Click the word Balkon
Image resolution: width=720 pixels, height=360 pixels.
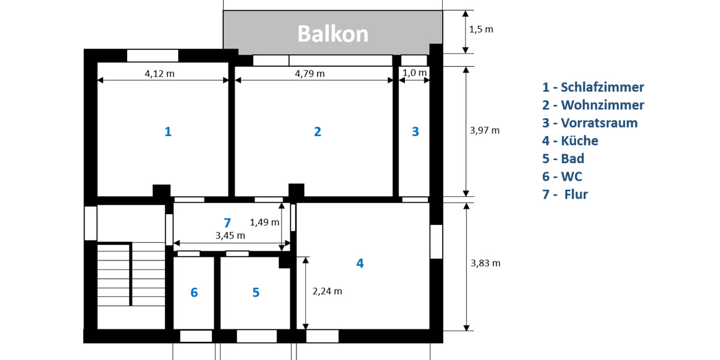[x=333, y=34]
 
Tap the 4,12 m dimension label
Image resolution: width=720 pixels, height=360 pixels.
[x=160, y=74]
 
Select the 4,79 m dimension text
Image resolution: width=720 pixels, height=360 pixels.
[x=310, y=74]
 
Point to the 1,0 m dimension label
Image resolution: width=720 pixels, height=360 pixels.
[x=415, y=73]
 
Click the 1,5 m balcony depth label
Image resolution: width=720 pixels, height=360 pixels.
[x=481, y=29]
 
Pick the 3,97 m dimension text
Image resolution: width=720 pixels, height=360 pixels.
[x=485, y=130]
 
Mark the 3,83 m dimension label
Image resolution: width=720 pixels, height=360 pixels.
[x=485, y=263]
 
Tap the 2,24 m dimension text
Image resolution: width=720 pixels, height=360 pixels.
[x=328, y=291]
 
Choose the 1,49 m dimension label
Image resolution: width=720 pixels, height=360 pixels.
[x=265, y=222]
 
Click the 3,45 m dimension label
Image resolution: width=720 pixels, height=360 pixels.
[x=230, y=236]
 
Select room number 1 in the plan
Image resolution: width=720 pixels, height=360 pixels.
[x=168, y=131]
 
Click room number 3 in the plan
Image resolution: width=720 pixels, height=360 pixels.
[x=415, y=131]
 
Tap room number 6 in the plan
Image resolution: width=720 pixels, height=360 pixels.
[x=194, y=293]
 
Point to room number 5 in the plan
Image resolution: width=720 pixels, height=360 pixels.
[x=256, y=293]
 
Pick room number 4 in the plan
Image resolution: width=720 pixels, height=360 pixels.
[x=360, y=263]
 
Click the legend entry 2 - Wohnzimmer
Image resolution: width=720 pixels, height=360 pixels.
[x=593, y=105]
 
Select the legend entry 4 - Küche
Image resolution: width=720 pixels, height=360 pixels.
[x=570, y=141]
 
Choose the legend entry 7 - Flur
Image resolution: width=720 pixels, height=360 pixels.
[x=565, y=194]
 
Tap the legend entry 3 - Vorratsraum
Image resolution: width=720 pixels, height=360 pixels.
[x=590, y=123]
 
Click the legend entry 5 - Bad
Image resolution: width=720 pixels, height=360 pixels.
[x=563, y=159]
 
